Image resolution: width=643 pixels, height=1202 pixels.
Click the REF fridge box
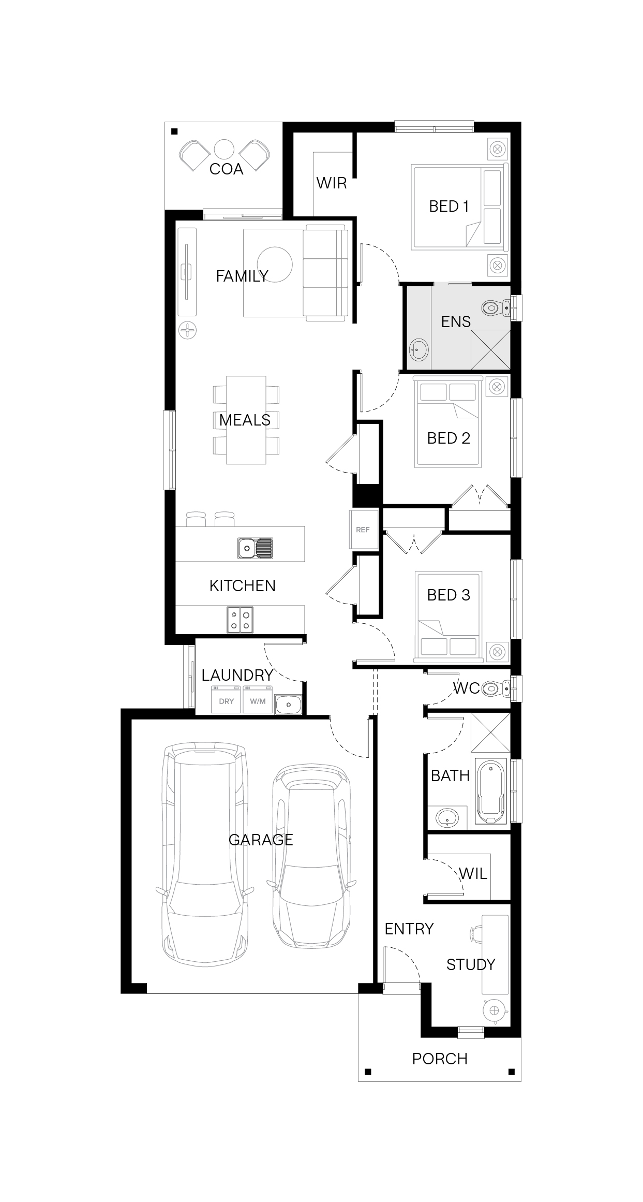[x=363, y=529]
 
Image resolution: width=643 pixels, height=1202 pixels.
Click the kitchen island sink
[x=255, y=548]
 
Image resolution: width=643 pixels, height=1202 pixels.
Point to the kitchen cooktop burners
[x=240, y=620]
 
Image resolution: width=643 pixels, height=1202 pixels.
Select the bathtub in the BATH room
[x=489, y=791]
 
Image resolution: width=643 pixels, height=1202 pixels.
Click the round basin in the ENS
[x=419, y=350]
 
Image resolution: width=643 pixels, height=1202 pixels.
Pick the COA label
[x=226, y=169]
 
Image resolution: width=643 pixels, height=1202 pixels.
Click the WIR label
[x=332, y=183]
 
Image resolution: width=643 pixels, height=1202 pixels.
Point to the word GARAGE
[x=261, y=840]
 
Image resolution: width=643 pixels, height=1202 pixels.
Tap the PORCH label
[x=440, y=1059]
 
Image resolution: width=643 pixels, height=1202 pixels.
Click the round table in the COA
[x=225, y=150]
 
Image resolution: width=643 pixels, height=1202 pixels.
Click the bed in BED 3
[x=448, y=617]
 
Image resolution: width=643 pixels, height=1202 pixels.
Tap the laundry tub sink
[x=289, y=704]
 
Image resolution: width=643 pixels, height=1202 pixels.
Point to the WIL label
[x=473, y=874]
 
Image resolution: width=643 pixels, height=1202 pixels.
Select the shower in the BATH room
[x=490, y=732]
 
